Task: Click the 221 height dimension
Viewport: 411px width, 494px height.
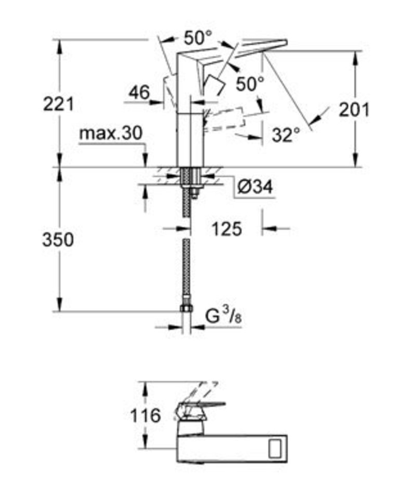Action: point(58,105)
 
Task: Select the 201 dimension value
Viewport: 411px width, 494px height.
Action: point(354,110)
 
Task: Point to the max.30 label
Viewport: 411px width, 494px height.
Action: point(111,133)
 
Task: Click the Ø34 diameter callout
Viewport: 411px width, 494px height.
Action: point(255,187)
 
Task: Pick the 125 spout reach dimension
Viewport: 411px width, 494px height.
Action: point(227,229)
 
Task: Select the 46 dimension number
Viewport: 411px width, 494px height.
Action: point(139,93)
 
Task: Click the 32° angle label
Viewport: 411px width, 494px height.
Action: point(286,135)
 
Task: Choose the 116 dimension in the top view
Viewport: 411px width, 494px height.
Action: point(145,415)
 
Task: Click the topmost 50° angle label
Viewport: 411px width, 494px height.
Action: point(198,38)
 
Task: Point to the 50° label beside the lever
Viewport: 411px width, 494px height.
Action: point(250,84)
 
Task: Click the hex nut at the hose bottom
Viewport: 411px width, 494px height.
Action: point(186,308)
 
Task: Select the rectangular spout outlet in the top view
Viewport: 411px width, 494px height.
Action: point(275,448)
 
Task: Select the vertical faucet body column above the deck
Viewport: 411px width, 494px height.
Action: point(190,139)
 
